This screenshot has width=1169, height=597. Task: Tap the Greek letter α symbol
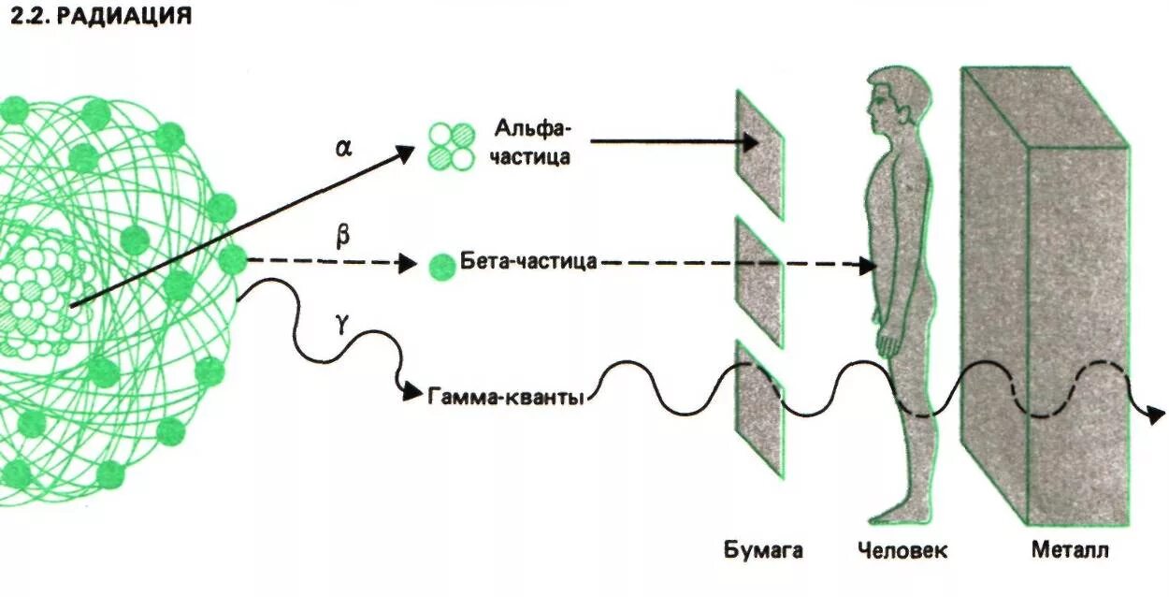tap(343, 147)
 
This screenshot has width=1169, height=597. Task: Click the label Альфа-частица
tap(533, 141)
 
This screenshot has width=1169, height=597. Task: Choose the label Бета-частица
tap(528, 261)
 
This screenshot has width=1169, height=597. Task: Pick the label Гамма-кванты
tap(506, 397)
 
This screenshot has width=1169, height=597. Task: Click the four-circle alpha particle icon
tap(452, 146)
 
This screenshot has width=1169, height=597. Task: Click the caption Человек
tap(902, 550)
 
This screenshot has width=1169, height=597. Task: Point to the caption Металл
tap(1070, 550)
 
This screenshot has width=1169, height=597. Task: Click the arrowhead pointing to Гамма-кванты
tap(412, 394)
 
